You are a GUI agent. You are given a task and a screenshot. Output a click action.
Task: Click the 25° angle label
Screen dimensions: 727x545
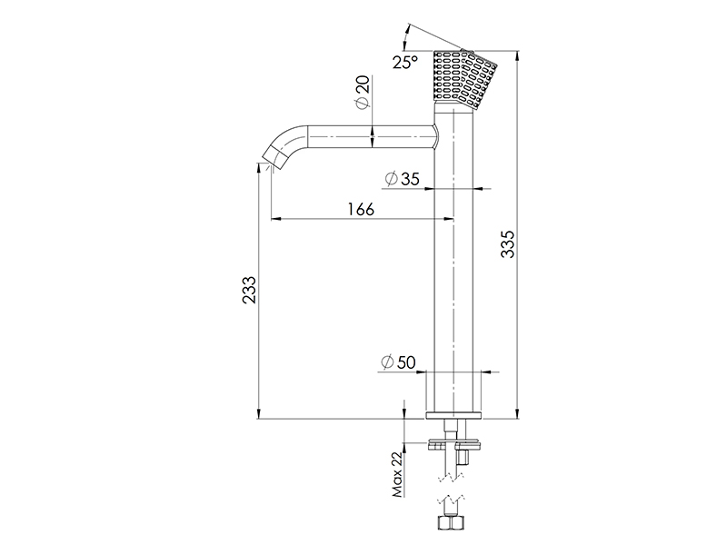tap(405, 62)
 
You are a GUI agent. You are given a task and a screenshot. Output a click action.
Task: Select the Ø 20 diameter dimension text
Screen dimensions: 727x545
tap(363, 92)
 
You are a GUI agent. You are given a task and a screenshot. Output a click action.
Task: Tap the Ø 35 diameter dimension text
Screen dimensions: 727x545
tap(402, 178)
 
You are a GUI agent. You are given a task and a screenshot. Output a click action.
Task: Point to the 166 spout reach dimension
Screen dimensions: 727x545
tap(361, 209)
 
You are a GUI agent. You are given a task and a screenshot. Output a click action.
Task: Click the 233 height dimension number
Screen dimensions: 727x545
tap(249, 290)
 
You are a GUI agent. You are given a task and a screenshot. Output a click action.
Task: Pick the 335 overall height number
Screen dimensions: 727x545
tap(508, 243)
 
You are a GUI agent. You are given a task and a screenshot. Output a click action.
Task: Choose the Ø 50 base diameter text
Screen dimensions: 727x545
tap(398, 362)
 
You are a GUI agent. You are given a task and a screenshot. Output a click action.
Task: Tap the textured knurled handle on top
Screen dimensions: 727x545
tap(465, 79)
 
